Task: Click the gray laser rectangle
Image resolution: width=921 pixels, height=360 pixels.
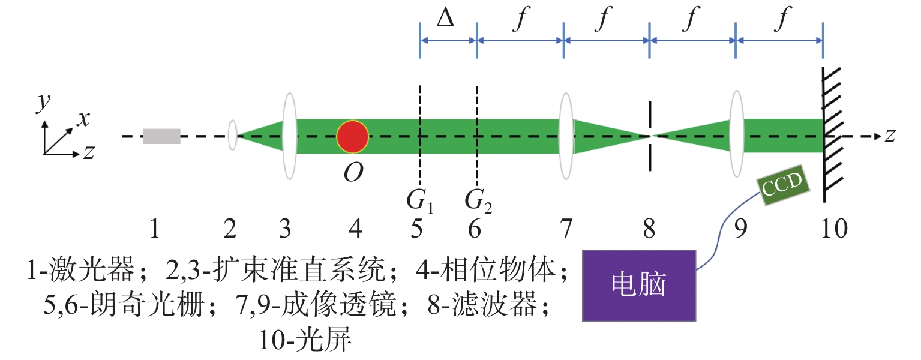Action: (x=161, y=136)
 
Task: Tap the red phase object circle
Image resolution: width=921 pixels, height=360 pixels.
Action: (x=352, y=136)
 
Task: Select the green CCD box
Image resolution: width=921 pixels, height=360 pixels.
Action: (x=783, y=185)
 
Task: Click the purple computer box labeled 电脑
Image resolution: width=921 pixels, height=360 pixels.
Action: (x=639, y=286)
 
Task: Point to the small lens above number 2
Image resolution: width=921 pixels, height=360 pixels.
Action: (x=233, y=135)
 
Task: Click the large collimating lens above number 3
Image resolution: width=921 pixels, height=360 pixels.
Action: (x=290, y=136)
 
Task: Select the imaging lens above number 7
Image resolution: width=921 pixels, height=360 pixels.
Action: (x=566, y=136)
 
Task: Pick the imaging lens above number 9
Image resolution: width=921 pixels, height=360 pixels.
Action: (x=736, y=134)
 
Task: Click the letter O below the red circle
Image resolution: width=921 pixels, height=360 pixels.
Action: (x=353, y=172)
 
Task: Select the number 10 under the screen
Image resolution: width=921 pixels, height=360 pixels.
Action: (x=834, y=229)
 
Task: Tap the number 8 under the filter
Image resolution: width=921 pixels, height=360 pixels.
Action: (x=649, y=229)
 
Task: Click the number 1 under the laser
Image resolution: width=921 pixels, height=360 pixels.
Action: (x=155, y=229)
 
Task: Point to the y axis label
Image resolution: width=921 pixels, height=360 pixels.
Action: (x=43, y=102)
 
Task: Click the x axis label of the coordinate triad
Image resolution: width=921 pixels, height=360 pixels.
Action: (x=83, y=119)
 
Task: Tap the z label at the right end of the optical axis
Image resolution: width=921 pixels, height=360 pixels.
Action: (x=890, y=136)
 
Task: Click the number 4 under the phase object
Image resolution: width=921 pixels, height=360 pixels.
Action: (x=355, y=229)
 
